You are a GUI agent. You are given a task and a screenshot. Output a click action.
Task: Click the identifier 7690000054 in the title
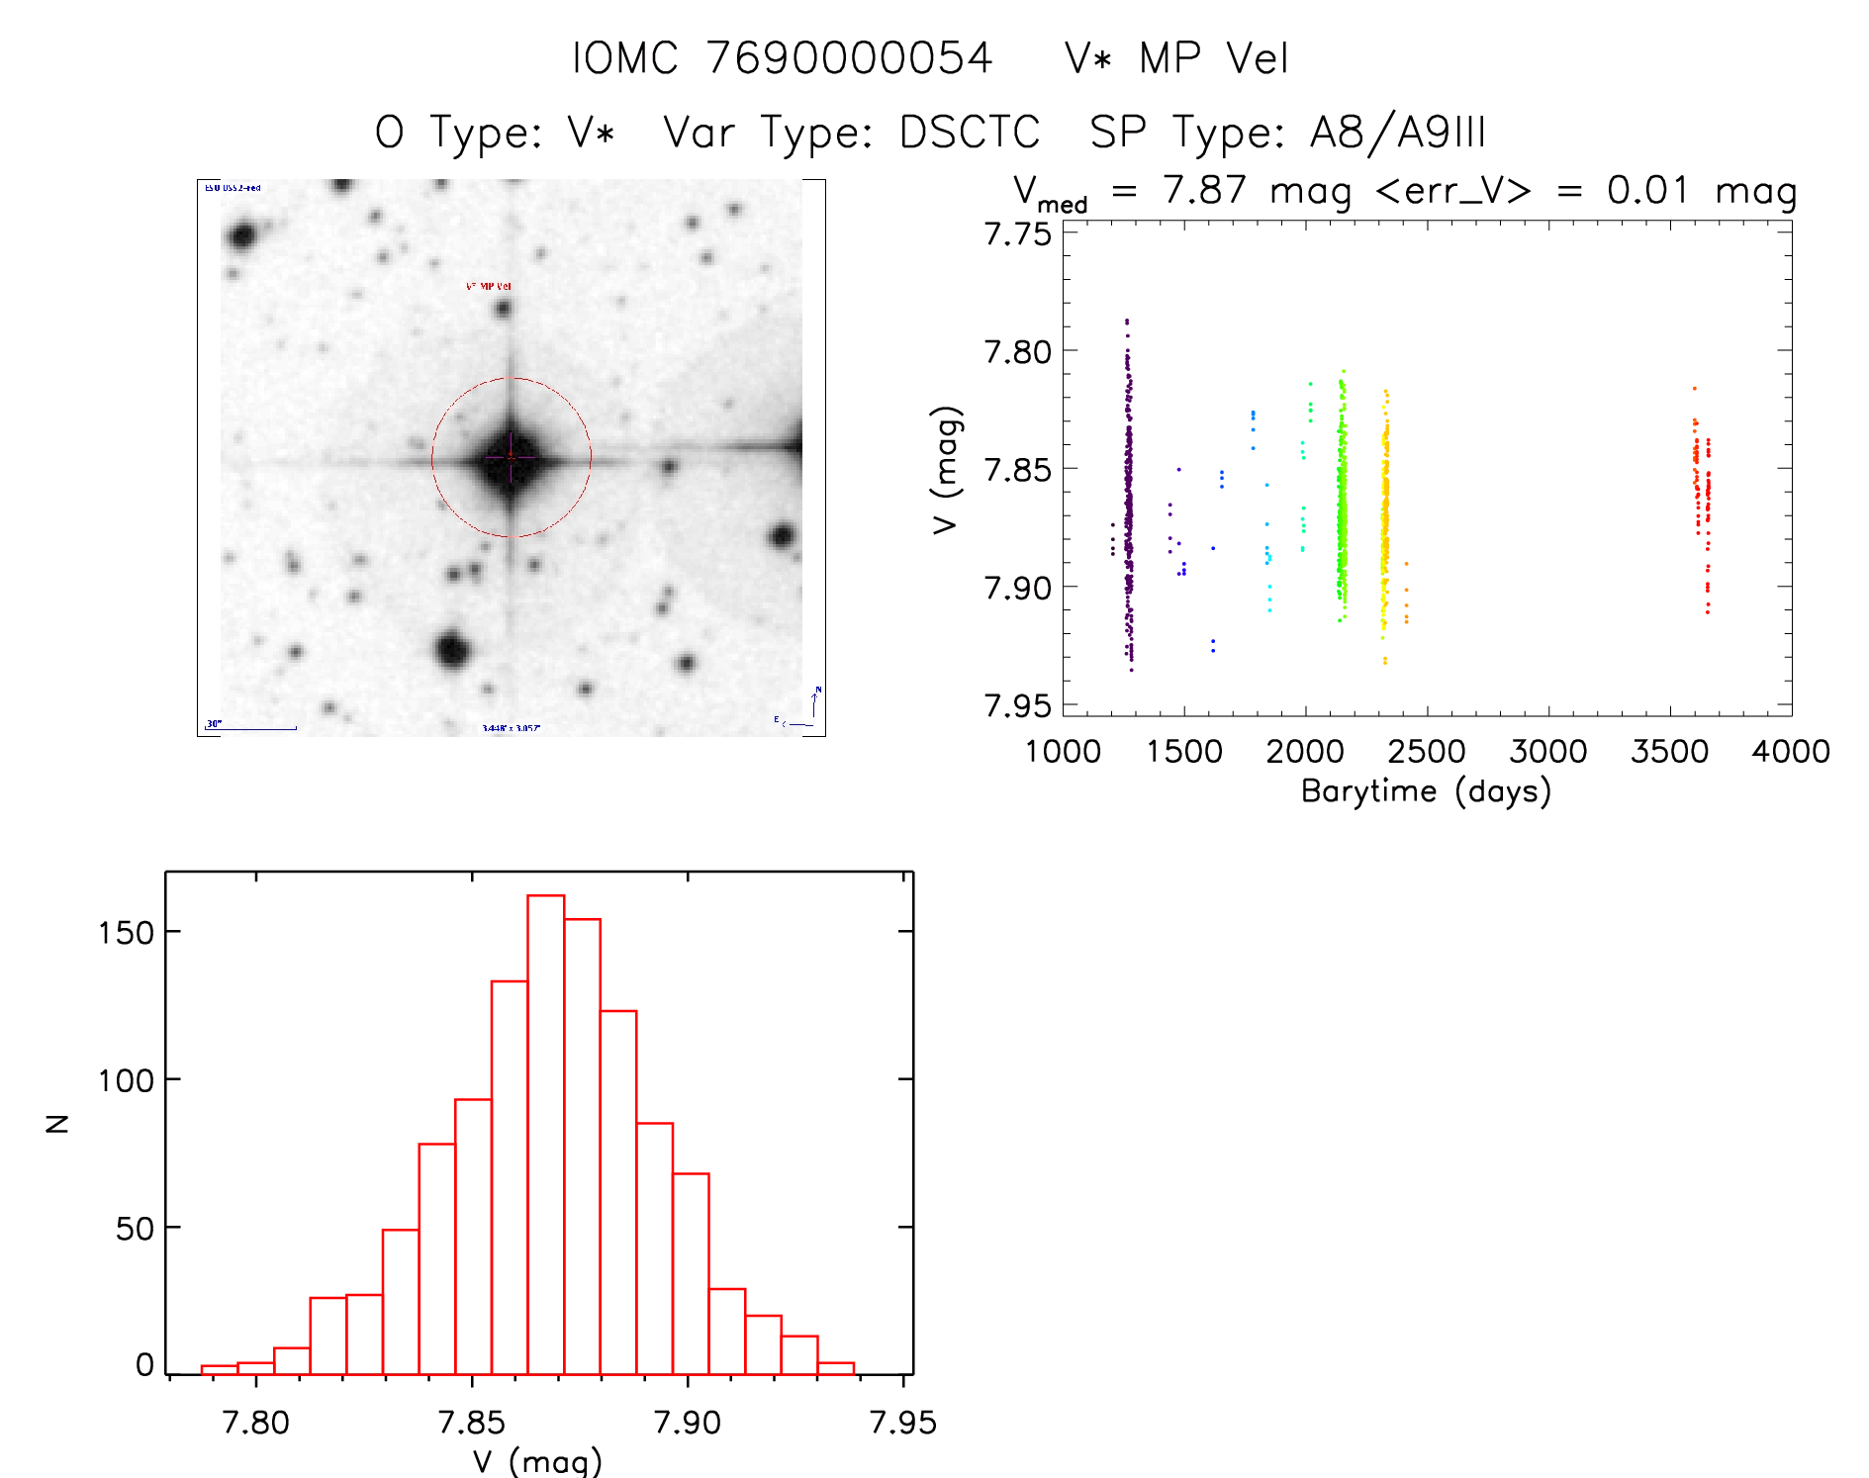point(849,58)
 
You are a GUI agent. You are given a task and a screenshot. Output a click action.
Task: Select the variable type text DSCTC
point(969,133)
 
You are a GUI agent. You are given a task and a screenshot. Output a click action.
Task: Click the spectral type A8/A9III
point(1397,133)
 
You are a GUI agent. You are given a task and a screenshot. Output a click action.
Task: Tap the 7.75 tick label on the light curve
point(1017,234)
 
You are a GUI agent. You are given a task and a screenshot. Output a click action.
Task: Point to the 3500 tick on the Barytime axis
point(1669,752)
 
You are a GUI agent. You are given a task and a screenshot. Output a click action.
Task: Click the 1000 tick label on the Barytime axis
point(1063,752)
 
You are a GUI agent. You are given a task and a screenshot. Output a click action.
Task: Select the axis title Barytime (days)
point(1425,791)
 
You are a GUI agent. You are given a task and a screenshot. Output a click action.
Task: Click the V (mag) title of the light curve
point(946,470)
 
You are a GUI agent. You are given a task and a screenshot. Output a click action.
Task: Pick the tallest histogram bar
point(545,1134)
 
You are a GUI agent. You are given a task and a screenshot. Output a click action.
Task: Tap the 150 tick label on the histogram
point(126,932)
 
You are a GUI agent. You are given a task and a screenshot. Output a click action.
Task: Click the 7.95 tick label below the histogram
point(902,1423)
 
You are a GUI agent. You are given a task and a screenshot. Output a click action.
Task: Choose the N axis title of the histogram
point(58,1123)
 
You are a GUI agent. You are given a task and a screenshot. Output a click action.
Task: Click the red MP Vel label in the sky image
point(489,287)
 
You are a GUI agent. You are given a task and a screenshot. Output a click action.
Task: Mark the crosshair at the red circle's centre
point(511,457)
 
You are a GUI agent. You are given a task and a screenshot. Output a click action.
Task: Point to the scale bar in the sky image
point(252,728)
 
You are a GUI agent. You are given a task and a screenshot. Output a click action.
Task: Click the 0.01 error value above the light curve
point(1646,190)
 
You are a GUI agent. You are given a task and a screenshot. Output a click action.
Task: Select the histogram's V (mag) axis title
point(537,1461)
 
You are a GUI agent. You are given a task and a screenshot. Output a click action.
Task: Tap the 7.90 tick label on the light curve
point(1017,589)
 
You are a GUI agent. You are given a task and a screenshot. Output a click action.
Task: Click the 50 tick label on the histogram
point(135,1229)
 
